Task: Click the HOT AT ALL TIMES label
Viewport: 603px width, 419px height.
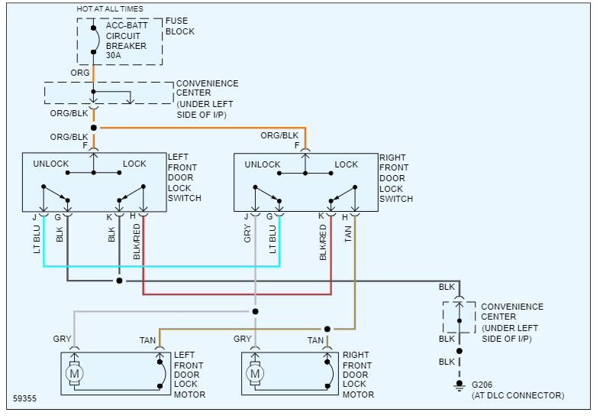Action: [110, 9]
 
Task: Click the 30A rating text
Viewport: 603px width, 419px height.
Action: [114, 56]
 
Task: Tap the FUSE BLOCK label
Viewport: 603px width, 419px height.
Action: [180, 26]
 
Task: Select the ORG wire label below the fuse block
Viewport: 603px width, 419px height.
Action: [80, 73]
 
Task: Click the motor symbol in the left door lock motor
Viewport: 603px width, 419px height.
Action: [74, 373]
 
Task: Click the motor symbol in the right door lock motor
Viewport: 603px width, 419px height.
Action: [255, 373]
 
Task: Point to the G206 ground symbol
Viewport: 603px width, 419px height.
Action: [460, 385]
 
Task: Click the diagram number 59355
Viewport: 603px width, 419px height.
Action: [24, 398]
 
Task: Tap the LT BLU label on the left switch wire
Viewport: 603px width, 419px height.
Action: [37, 239]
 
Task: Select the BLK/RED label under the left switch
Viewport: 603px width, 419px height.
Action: [137, 242]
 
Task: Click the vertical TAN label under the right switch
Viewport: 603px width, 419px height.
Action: [348, 234]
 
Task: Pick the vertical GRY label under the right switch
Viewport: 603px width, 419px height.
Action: [247, 234]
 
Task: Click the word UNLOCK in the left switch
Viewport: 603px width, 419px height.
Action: [51, 164]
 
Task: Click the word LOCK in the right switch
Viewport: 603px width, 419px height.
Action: [346, 164]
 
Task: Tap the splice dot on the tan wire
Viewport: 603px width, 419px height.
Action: [327, 329]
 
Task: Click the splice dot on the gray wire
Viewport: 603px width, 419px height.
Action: [256, 311]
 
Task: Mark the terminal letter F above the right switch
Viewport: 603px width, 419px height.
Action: [297, 145]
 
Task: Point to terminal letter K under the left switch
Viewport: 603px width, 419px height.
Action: [109, 218]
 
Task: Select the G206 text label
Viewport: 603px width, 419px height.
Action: [482, 385]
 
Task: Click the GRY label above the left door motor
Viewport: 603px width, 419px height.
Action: [63, 339]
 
